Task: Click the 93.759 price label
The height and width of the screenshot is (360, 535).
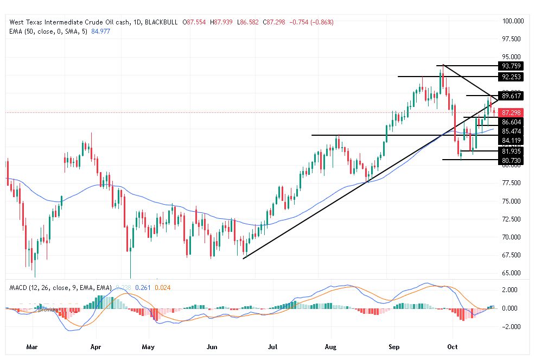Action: pos(512,66)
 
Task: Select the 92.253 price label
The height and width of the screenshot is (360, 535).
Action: pos(512,77)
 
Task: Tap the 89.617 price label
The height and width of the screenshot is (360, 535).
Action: pos(512,96)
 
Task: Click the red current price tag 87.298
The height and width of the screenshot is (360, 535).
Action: pos(512,112)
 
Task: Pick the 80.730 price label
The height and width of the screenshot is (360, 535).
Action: pos(512,160)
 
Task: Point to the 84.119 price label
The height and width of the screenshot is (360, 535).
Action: pos(512,140)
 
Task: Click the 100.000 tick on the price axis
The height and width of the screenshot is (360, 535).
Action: pos(513,21)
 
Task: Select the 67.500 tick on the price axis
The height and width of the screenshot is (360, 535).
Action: pos(513,255)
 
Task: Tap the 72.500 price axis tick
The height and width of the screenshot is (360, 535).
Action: pos(513,219)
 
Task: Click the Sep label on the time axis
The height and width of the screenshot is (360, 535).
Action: pos(394,345)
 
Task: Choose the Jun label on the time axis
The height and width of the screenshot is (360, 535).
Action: pos(212,345)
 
